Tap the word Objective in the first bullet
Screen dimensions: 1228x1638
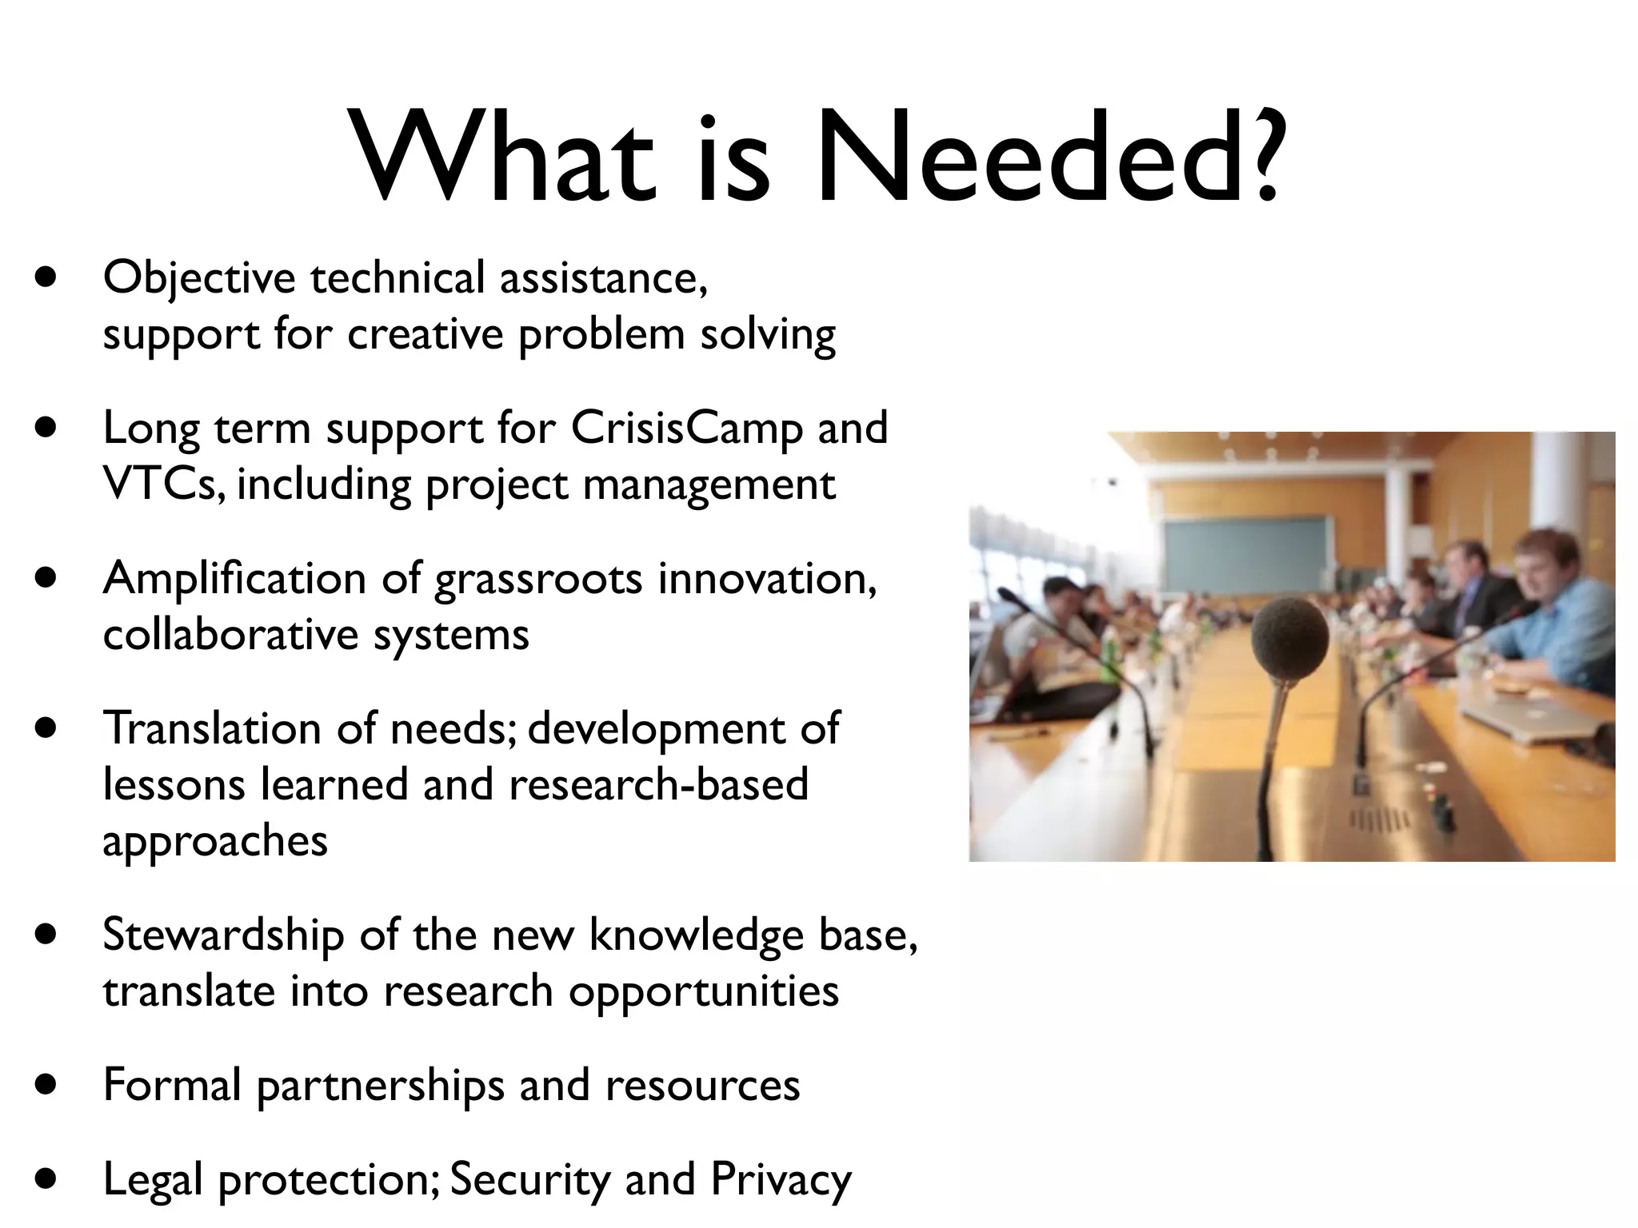tap(199, 279)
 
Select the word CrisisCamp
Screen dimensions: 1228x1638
tap(686, 428)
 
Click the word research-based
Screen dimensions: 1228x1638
tap(658, 784)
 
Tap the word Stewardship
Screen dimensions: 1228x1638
tap(223, 935)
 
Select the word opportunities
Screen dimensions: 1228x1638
tap(704, 992)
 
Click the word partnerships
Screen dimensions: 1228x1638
tap(381, 1086)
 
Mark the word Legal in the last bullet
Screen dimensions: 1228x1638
tap(152, 1180)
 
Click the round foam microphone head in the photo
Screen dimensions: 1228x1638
tap(1290, 640)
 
